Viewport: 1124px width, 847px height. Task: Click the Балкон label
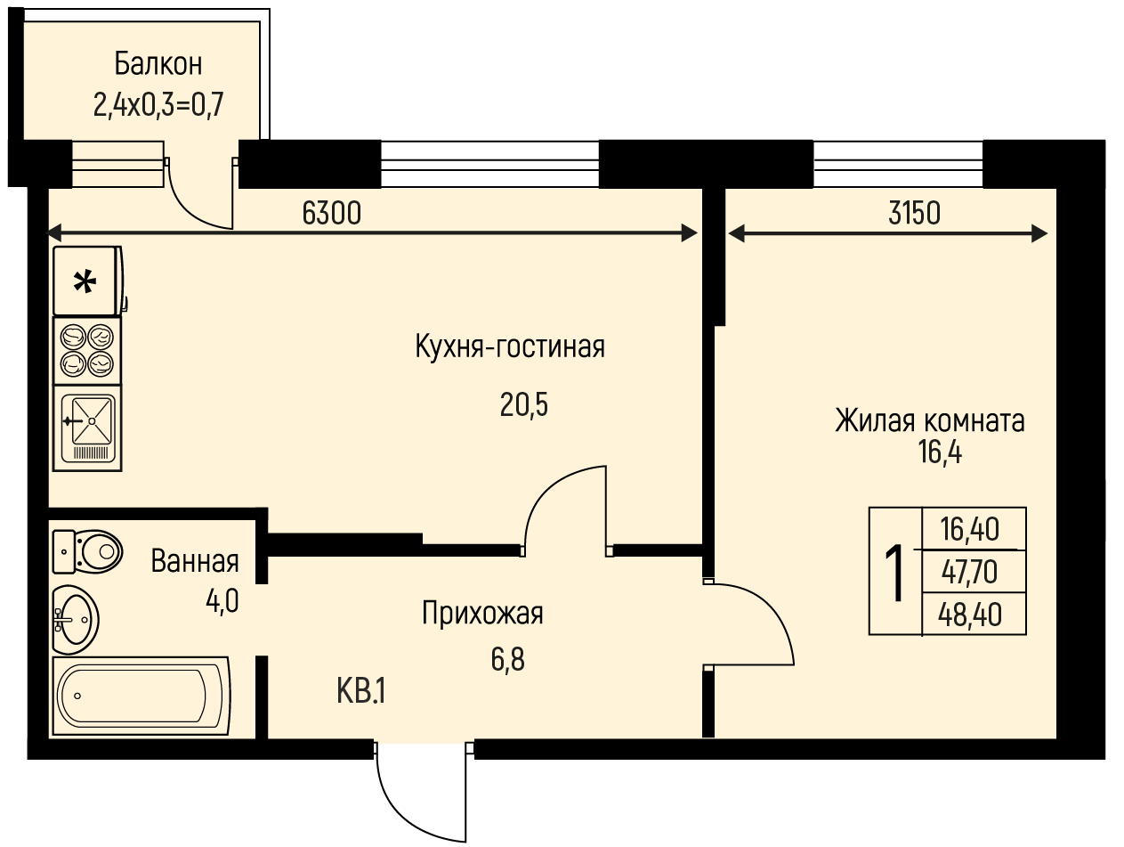click(x=158, y=64)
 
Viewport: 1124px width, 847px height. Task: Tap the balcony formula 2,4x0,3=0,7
click(x=158, y=105)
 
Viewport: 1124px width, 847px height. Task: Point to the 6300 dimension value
click(x=332, y=213)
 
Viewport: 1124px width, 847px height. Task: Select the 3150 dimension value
click(x=914, y=213)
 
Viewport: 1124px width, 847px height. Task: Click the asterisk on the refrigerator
click(x=85, y=282)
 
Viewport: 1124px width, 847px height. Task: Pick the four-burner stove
click(x=87, y=351)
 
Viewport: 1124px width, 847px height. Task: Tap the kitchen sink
click(x=87, y=428)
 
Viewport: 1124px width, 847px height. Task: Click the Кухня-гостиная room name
click(x=510, y=346)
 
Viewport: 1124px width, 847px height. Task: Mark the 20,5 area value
click(x=524, y=405)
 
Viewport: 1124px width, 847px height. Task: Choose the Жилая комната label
click(x=930, y=420)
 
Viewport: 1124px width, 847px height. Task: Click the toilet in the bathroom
click(x=87, y=552)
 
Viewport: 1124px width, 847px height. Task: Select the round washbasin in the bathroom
click(x=76, y=620)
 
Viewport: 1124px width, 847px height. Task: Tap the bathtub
click(x=142, y=696)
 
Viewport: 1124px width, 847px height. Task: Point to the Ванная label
click(x=195, y=561)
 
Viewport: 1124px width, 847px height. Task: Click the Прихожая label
click(x=482, y=614)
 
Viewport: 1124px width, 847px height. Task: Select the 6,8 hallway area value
click(x=508, y=660)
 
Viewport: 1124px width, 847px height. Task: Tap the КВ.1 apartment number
click(x=361, y=691)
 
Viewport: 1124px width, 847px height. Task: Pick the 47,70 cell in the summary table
click(x=969, y=572)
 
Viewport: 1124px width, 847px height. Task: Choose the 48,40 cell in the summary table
click(x=969, y=615)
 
